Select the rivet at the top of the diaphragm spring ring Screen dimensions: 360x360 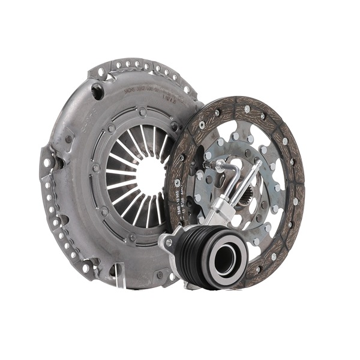coord(142,111)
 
